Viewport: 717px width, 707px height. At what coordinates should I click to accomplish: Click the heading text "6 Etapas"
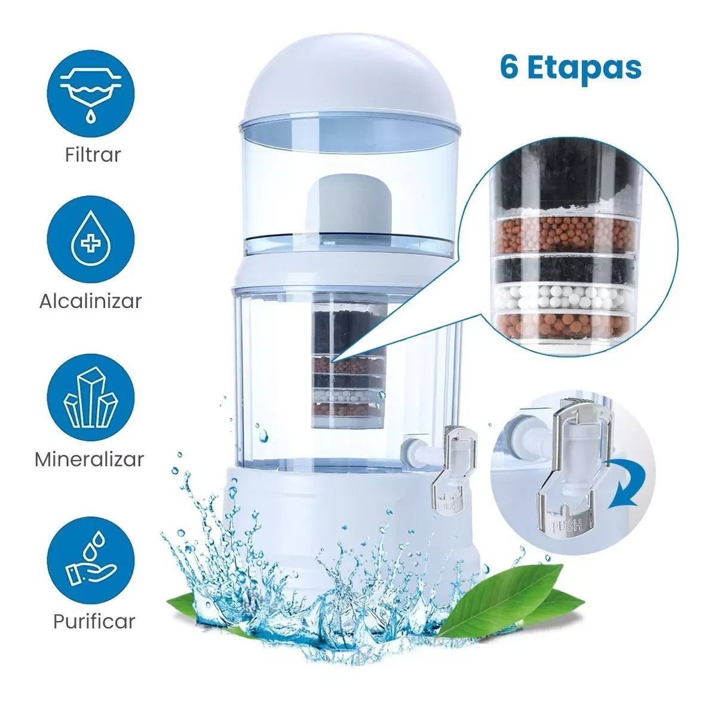(571, 68)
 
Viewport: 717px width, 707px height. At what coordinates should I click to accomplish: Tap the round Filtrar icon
(91, 94)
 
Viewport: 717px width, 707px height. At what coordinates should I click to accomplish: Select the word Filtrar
(93, 155)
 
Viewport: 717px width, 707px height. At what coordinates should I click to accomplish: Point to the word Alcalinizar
(91, 301)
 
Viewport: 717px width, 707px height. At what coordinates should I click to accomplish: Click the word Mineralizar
(90, 459)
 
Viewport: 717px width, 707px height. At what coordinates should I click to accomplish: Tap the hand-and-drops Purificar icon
(91, 560)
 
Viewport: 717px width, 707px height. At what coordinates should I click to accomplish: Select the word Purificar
(94, 622)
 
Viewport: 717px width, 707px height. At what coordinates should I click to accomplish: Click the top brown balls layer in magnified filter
(564, 235)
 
